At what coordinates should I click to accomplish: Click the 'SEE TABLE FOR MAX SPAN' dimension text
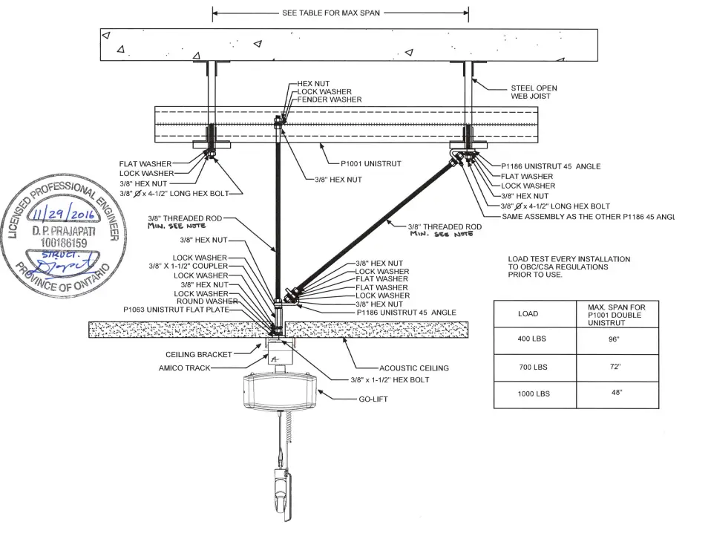[331, 13]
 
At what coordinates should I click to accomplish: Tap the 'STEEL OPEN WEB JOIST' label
[534, 92]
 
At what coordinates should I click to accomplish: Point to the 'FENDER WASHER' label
[330, 99]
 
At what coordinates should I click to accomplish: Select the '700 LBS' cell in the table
[532, 367]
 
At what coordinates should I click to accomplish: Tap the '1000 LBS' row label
[532, 393]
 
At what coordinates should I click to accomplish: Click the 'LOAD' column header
[528, 313]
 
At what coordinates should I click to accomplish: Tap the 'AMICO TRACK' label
[185, 367]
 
